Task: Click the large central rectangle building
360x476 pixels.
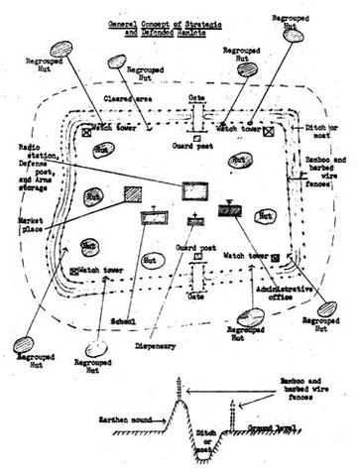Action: point(196,187)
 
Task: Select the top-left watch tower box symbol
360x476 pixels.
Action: point(87,129)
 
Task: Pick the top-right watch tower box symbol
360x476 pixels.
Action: point(269,129)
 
